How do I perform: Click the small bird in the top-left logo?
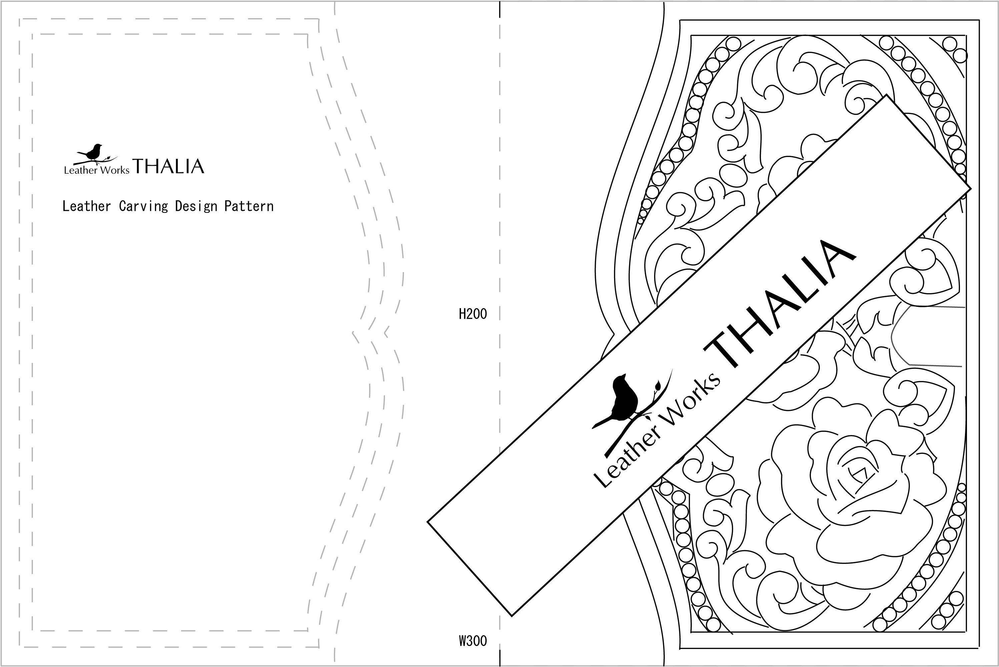93,152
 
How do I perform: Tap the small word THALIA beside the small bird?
168,166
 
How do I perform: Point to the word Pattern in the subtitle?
249,206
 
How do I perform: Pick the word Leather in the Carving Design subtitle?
86,206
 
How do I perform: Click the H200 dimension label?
472,314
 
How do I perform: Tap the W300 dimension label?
472,641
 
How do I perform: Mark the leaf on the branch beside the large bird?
657,386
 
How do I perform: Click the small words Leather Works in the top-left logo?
97,170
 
